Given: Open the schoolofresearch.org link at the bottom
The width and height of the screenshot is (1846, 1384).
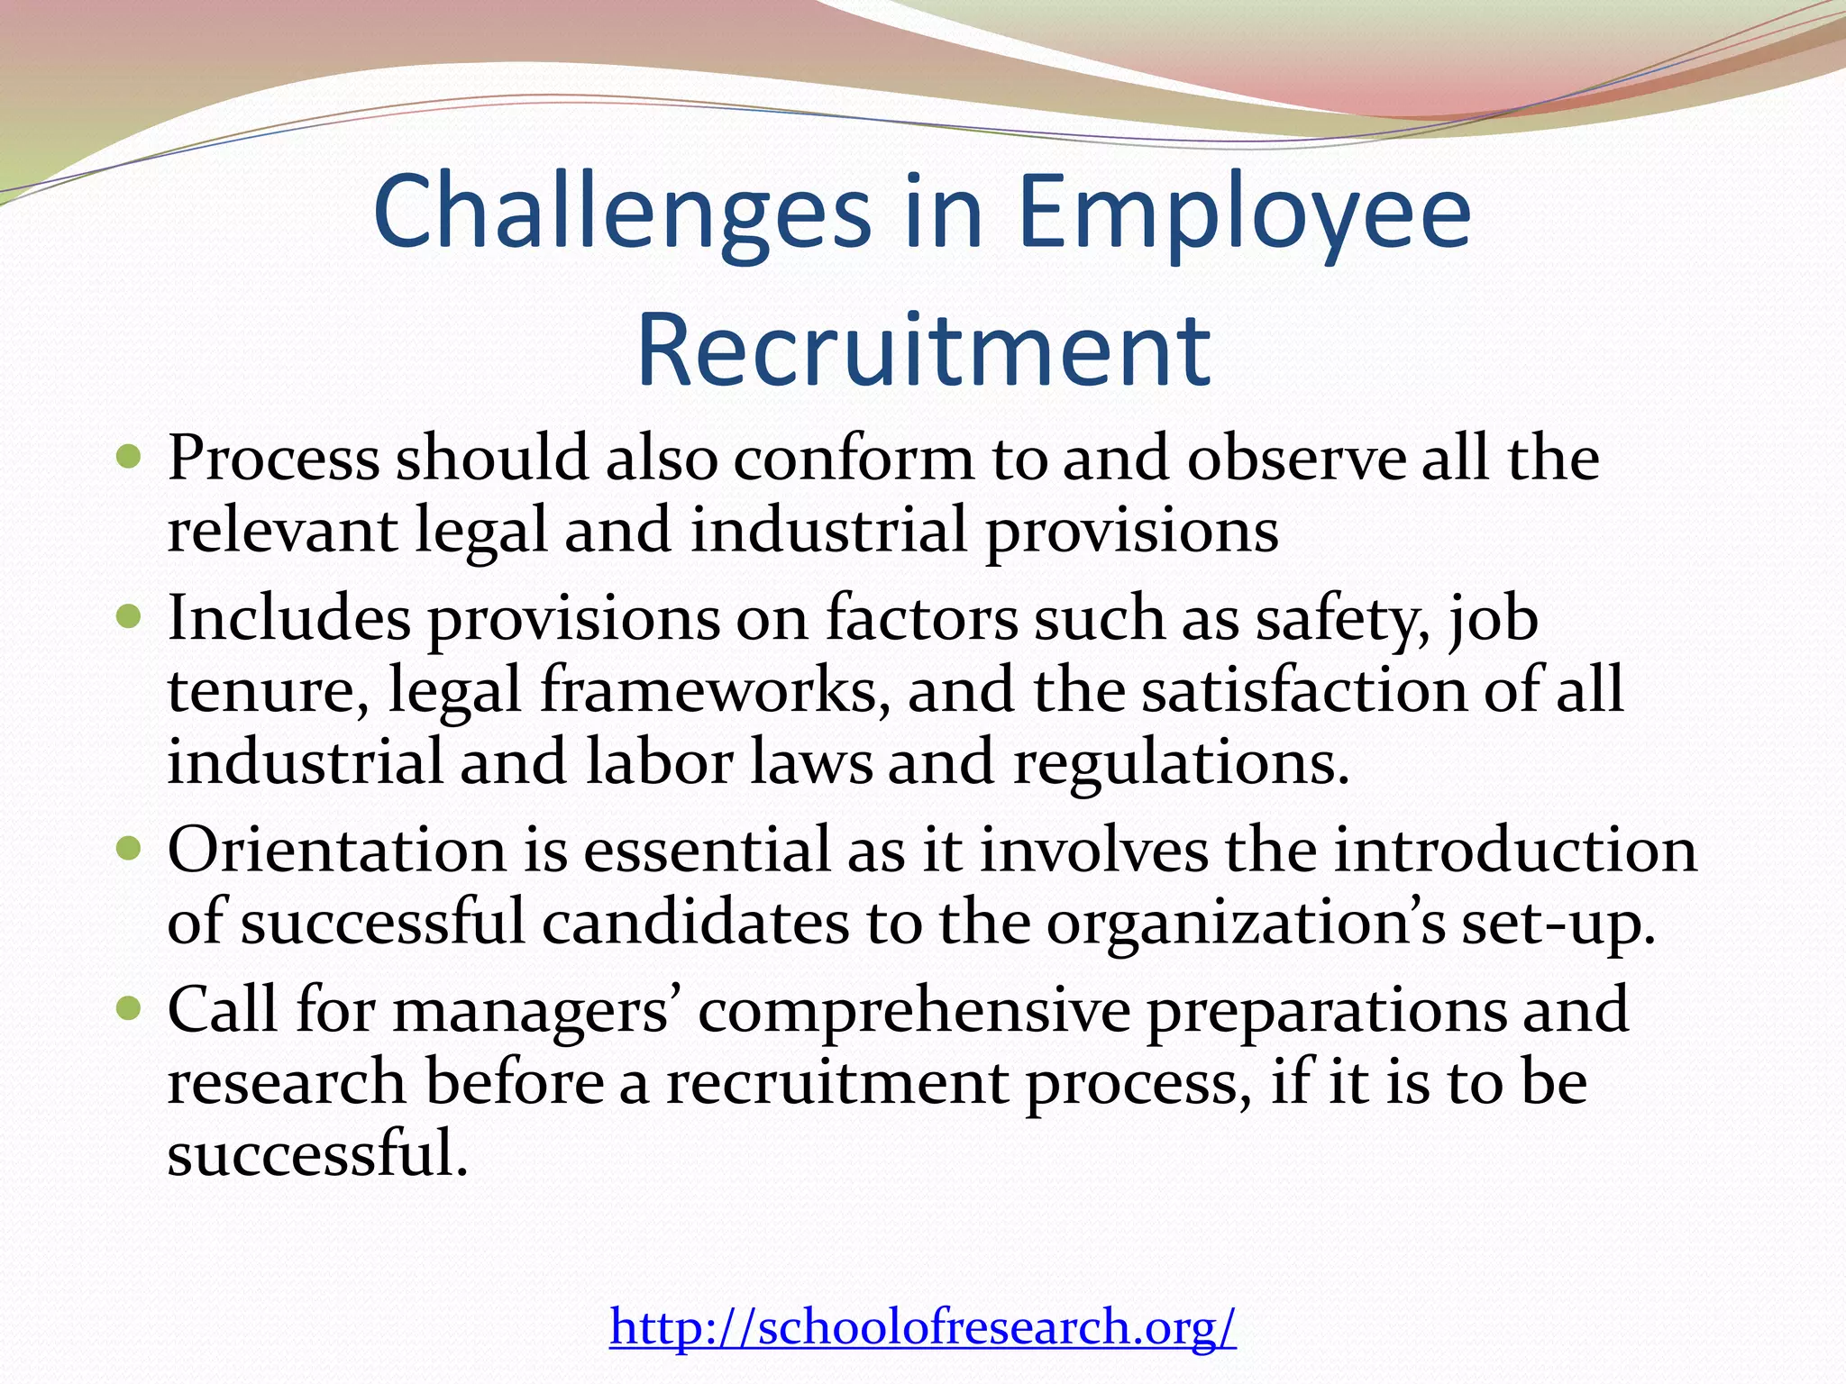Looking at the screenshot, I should (x=923, y=1326).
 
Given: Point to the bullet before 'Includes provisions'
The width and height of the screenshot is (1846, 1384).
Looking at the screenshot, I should (x=130, y=618).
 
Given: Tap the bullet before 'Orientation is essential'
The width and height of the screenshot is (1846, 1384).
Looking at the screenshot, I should (x=130, y=849).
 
